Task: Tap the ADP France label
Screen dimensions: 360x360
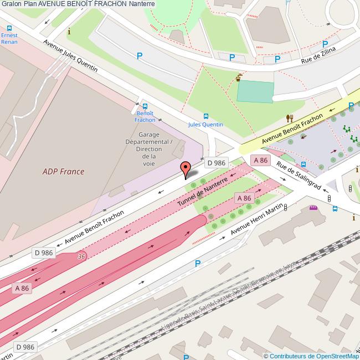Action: pos(63,171)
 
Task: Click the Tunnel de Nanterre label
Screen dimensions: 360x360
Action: pos(202,193)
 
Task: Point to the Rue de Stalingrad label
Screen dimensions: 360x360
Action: pos(299,177)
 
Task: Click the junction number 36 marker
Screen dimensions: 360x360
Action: pos(81,256)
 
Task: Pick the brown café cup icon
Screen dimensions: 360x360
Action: pos(239,78)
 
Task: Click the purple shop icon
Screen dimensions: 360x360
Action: pos(313,208)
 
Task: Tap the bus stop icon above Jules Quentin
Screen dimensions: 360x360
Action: pos(206,116)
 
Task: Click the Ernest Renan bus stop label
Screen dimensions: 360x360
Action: pos(9,38)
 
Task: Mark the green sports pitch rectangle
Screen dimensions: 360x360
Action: pos(255,92)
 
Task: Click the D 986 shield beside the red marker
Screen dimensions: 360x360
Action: pos(216,162)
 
